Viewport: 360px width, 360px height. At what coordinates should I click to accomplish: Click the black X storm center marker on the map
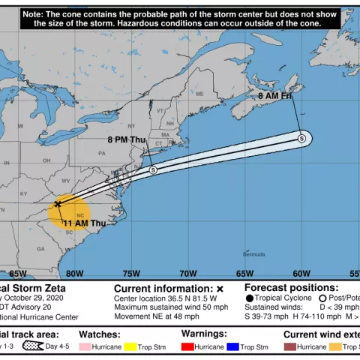pyautogui.click(x=58, y=203)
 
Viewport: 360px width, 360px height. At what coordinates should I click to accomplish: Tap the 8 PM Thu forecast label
pyautogui.click(x=127, y=139)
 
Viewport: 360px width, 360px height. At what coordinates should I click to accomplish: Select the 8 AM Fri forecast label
pyautogui.click(x=274, y=96)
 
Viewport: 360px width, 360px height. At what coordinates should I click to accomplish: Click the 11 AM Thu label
pyautogui.click(x=84, y=223)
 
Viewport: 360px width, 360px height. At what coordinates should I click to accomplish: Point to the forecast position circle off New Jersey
pyautogui.click(x=153, y=170)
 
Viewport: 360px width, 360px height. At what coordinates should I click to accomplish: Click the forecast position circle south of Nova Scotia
pyautogui.click(x=301, y=138)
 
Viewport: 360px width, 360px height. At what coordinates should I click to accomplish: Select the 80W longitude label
pyautogui.click(x=74, y=274)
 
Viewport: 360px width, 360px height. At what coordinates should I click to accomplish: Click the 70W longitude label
pyautogui.click(x=187, y=274)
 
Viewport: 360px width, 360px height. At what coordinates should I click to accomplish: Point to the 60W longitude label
pyautogui.click(x=301, y=274)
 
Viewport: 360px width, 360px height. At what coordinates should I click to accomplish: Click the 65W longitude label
pyautogui.click(x=244, y=274)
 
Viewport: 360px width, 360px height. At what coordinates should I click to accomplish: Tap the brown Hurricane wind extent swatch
pyautogui.click(x=290, y=347)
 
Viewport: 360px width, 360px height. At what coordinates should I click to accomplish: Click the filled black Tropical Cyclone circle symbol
pyautogui.click(x=249, y=298)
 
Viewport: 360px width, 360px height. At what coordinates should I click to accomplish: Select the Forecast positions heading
pyautogui.click(x=292, y=287)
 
